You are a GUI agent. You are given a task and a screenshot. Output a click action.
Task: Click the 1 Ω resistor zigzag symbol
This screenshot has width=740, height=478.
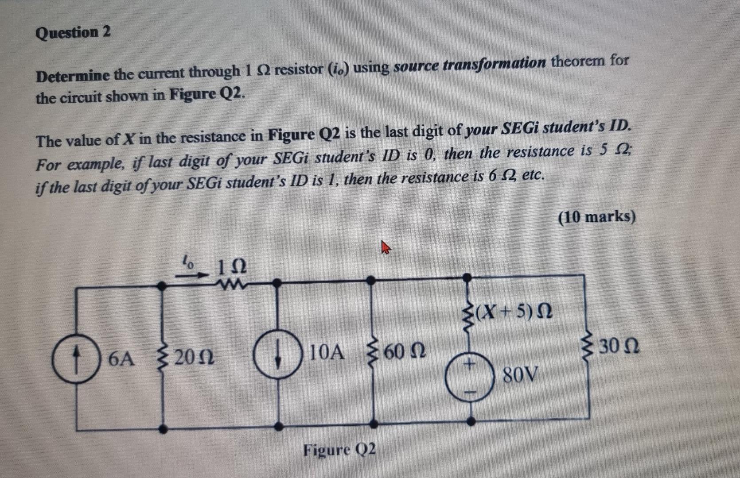230,283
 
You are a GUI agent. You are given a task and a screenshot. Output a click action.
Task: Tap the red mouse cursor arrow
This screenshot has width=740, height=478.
386,248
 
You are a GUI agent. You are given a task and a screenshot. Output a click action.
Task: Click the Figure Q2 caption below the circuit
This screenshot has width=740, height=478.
340,450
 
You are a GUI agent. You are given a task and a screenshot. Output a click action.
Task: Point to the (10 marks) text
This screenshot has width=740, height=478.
597,217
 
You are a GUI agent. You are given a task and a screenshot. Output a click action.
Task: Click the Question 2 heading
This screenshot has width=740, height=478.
73,33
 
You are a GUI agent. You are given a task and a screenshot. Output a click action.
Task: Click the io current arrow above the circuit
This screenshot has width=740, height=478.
191,274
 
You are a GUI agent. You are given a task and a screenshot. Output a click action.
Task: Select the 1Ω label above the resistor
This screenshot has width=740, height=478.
232,266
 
